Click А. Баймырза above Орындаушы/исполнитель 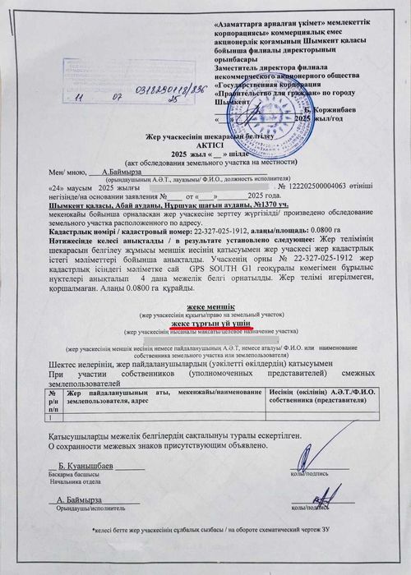click(x=80, y=499)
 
